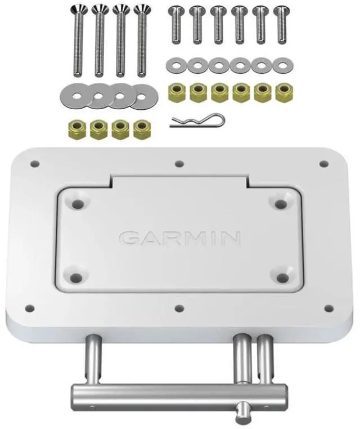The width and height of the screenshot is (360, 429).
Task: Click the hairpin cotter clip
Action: (197, 120)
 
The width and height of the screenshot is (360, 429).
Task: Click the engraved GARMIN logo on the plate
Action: (180, 238)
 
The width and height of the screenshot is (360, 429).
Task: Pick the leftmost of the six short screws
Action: (175, 25)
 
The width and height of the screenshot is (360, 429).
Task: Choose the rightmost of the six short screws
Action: (282, 25)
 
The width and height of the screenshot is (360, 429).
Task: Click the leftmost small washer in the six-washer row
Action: (175, 65)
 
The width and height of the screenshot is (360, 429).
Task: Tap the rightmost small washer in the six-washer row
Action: (283, 66)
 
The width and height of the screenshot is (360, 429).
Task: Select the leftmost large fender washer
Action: (76, 96)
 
